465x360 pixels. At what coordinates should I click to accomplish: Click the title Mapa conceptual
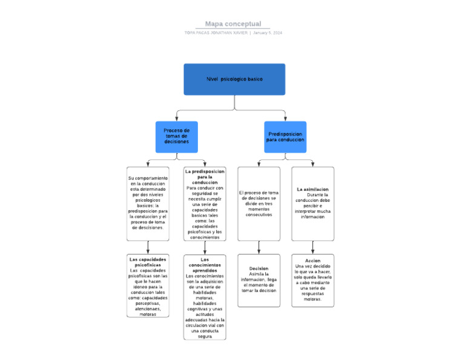click(232, 24)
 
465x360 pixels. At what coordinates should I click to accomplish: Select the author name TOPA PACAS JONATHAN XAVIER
click(216, 33)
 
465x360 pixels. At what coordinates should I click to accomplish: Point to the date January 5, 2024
click(267, 33)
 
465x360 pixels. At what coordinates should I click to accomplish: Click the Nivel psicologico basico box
click(234, 79)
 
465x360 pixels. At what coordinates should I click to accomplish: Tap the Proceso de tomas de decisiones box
click(176, 136)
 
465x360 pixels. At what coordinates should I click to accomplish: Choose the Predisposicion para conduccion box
click(285, 136)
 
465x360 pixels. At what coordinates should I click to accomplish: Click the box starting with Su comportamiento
click(148, 203)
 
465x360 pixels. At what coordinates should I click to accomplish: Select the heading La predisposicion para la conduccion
click(205, 176)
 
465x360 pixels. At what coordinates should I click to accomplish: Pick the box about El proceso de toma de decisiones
click(259, 203)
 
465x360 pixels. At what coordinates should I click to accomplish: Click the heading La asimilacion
click(312, 189)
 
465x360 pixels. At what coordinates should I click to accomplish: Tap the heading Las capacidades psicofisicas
click(148, 262)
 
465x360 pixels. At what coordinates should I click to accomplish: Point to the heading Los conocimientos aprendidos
click(205, 265)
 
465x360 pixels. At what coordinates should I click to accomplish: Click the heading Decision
click(259, 268)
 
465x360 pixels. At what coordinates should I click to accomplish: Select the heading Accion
click(312, 261)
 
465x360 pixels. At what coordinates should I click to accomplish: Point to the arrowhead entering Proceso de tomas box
click(176, 118)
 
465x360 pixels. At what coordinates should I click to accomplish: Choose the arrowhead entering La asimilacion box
click(312, 164)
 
